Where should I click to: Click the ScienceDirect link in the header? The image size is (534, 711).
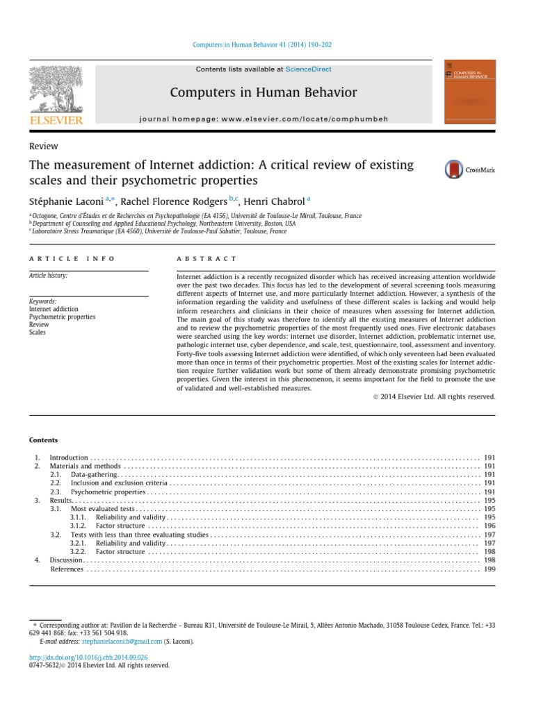coord(308,69)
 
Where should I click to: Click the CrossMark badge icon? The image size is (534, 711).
coord(455,169)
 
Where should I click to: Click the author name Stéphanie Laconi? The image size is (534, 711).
coord(67,201)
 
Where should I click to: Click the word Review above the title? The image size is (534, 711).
coord(43,146)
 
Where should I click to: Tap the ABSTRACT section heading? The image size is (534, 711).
coord(207,258)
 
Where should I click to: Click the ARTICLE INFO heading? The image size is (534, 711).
coord(65,258)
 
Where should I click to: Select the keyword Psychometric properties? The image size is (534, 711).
coord(62,317)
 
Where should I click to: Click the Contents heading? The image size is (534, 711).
coord(43,440)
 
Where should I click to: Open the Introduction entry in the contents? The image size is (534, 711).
coord(69,458)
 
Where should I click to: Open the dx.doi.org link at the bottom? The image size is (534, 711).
coord(88,657)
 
